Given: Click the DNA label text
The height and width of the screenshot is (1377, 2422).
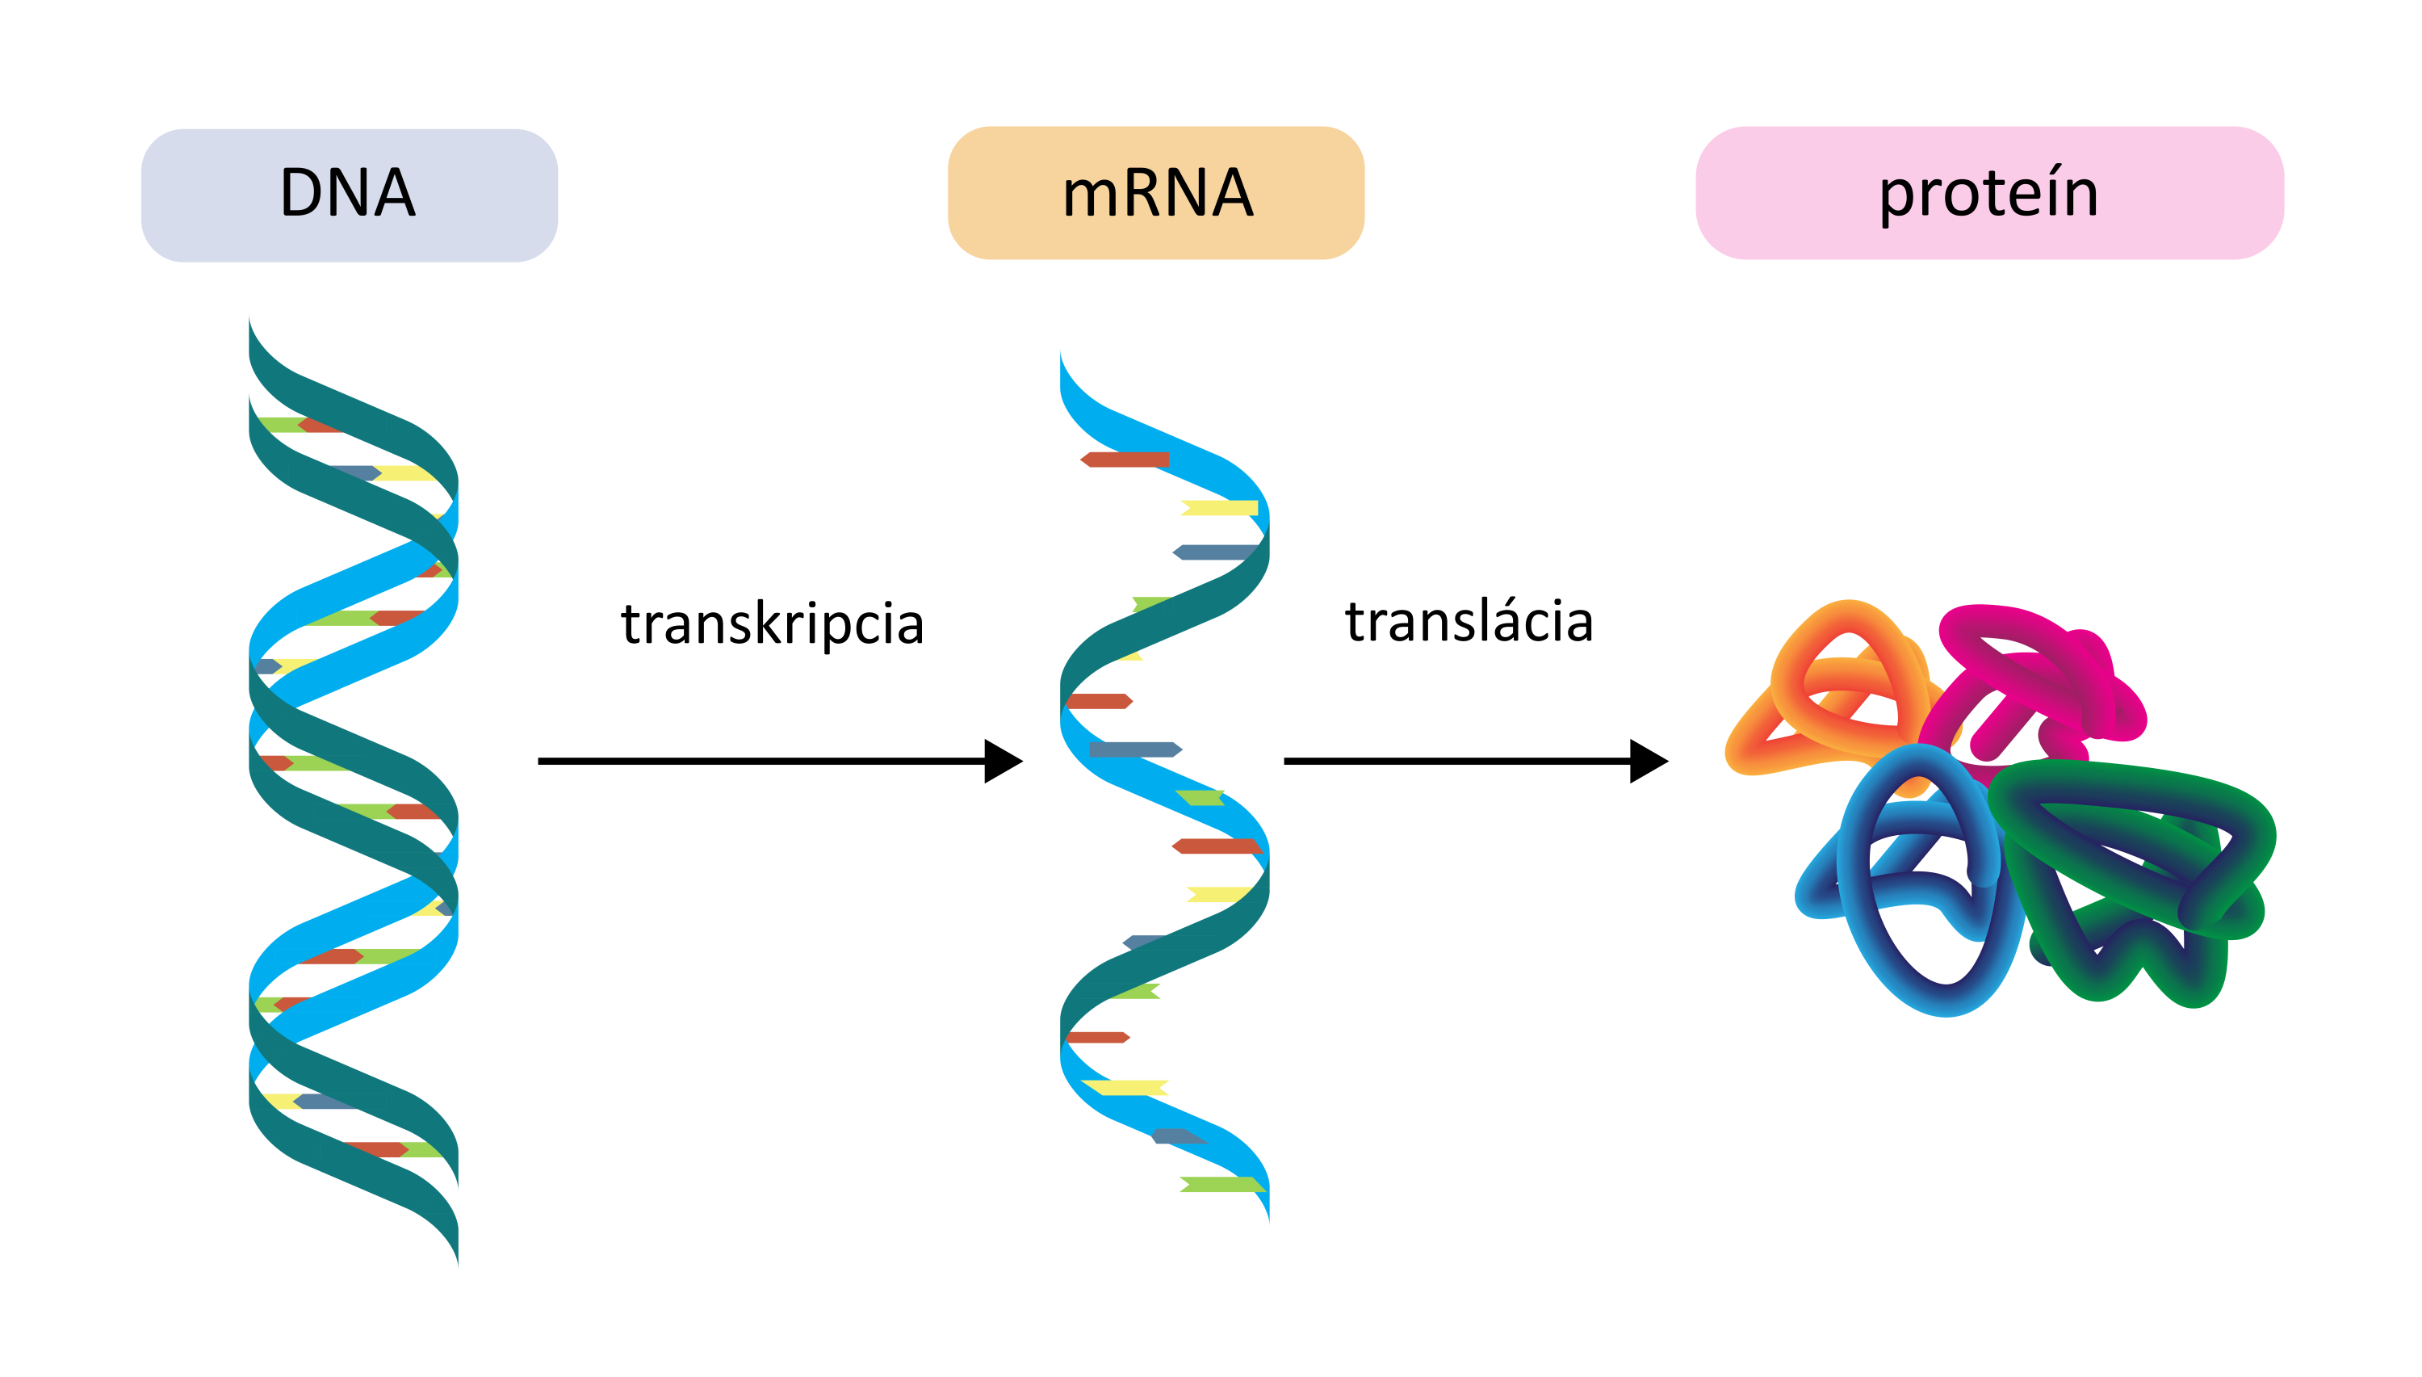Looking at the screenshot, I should pyautogui.click(x=347, y=193).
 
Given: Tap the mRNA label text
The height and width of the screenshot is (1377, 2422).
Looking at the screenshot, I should pyautogui.click(x=1156, y=193).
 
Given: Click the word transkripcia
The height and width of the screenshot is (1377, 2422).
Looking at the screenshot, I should pyautogui.click(x=772, y=624).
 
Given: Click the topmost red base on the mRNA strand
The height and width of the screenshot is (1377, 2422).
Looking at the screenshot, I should pyautogui.click(x=1125, y=460).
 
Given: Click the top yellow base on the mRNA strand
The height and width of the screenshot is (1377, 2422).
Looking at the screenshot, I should pyautogui.click(x=1220, y=508).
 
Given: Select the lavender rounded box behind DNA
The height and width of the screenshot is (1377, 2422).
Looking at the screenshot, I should pyautogui.click(x=189, y=237).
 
